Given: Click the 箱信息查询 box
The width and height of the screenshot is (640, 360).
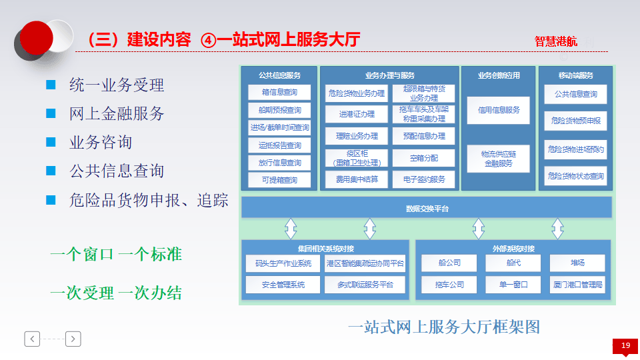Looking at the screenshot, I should (x=279, y=92).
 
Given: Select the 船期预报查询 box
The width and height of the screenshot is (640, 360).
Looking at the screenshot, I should (x=279, y=110).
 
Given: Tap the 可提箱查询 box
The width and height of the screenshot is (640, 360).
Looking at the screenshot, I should (x=279, y=180).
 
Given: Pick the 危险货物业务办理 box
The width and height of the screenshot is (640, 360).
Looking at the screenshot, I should (x=357, y=93).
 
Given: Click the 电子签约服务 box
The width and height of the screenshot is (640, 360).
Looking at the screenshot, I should (x=424, y=179).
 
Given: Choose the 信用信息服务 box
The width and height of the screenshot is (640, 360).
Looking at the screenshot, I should (x=499, y=110).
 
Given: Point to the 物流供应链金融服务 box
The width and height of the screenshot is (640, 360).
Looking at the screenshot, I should (x=499, y=159).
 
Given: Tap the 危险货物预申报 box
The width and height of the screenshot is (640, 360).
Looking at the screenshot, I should (x=575, y=121).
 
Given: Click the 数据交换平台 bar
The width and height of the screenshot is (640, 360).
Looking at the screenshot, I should (x=427, y=208).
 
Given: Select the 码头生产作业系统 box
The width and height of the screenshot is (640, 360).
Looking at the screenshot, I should (x=279, y=263).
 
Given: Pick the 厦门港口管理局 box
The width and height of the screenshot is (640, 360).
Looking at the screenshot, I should (x=577, y=285).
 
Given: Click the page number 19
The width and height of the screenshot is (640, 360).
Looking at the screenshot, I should (x=625, y=345).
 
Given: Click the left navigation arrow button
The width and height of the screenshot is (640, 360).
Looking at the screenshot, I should (x=32, y=339).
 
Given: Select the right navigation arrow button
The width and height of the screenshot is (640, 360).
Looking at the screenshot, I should (x=73, y=339).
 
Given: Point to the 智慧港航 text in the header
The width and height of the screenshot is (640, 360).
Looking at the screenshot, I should (x=556, y=41).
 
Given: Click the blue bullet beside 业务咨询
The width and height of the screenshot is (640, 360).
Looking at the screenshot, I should (x=51, y=142).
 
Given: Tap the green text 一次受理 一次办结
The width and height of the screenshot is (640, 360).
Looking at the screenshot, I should (x=115, y=293).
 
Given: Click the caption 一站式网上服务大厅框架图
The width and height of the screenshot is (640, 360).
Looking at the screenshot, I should (x=443, y=327).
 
